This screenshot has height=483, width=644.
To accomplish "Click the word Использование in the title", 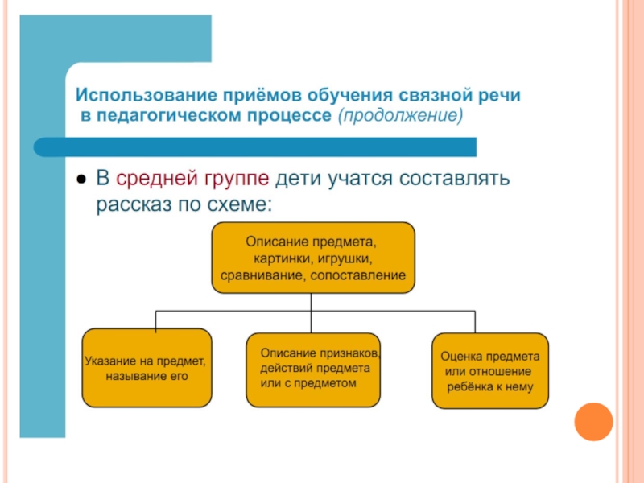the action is point(147,95).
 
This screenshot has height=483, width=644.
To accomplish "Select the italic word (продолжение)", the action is point(400,115).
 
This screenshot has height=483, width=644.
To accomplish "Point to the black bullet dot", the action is point(81,180).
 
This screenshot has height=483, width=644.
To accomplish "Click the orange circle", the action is point(593,422).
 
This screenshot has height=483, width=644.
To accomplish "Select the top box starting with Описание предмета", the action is point(313,258).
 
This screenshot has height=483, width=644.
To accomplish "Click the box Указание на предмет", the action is point(147,368).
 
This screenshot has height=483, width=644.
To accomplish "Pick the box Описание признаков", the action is point(313,370).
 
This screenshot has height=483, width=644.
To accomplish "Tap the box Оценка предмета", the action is point(490,371).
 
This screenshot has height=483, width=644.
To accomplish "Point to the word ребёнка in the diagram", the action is point(470,387).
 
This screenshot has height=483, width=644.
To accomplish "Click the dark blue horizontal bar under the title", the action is point(255,147).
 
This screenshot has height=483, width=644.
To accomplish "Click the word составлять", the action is point(454,179).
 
